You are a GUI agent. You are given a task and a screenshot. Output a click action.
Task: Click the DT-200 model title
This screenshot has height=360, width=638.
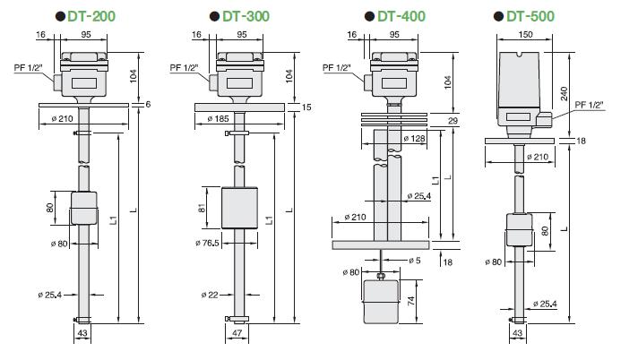click(x=91, y=16)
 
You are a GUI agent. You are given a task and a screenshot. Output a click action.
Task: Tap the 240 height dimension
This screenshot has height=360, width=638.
click(x=565, y=91)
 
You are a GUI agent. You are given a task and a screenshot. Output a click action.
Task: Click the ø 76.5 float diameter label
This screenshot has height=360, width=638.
click(x=207, y=243)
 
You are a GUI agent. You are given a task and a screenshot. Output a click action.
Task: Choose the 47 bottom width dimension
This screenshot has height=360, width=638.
click(x=237, y=334)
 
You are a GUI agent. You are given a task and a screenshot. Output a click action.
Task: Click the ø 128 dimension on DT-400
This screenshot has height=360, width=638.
click(x=413, y=138)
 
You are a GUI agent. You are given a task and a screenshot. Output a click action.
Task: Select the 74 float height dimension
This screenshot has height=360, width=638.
click(x=412, y=303)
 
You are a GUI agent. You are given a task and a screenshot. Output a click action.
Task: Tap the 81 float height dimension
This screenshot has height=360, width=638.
click(x=203, y=209)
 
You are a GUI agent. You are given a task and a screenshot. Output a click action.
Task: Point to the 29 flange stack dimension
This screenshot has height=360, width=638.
click(x=453, y=120)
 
